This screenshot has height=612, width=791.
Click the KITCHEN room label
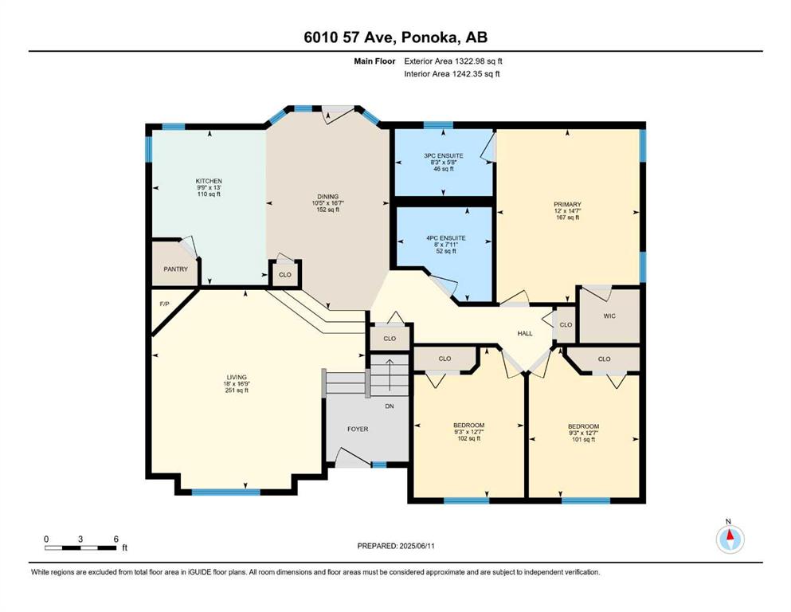tap(209, 181)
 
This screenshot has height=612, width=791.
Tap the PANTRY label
tap(175, 269)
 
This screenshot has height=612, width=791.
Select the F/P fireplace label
tap(164, 304)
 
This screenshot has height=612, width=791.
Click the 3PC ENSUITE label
tap(444, 156)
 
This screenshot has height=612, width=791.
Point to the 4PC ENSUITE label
tap(446, 238)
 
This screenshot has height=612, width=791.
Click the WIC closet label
tap(609, 316)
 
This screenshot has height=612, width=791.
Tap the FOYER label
tap(358, 430)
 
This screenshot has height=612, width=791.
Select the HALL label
tap(525, 334)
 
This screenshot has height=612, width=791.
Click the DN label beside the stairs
tap(390, 406)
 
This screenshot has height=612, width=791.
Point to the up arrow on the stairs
tap(390, 375)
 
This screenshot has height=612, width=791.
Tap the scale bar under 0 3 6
tap(80, 548)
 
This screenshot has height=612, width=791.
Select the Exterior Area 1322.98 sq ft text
tap(453, 61)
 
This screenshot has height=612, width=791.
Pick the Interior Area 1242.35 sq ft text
tap(452, 74)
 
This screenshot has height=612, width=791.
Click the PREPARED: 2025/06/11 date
tap(396, 546)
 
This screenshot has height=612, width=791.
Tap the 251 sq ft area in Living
tap(237, 390)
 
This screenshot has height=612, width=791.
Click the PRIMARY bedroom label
tap(567, 205)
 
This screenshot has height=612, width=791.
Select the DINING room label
tap(328, 197)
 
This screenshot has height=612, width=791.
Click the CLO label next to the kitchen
tap(285, 275)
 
